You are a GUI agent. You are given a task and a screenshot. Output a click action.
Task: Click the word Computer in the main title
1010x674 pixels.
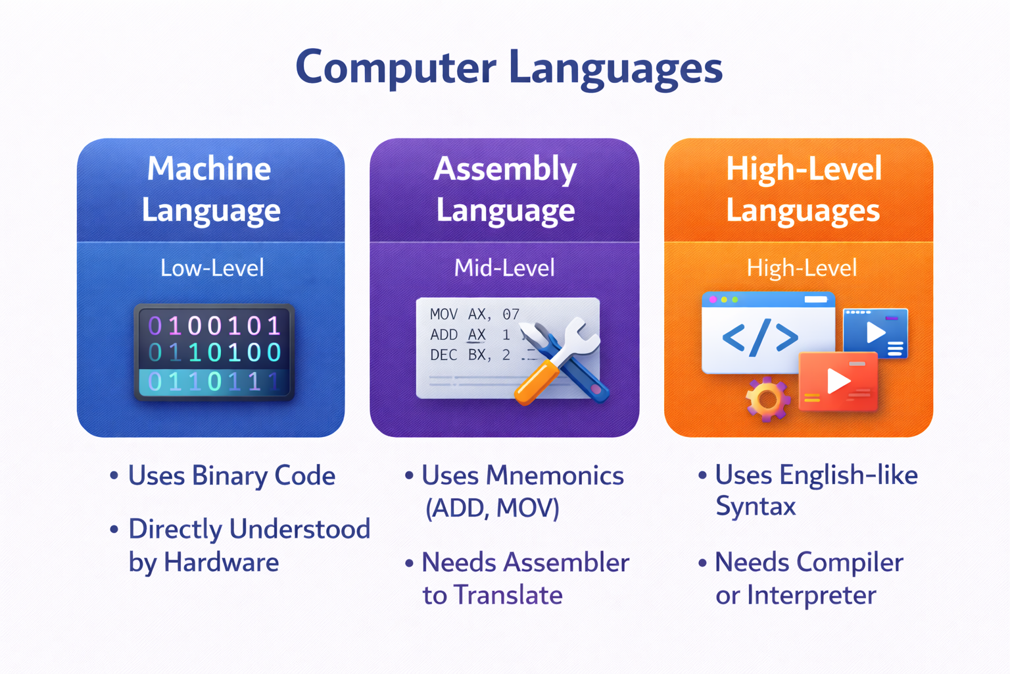click(395, 67)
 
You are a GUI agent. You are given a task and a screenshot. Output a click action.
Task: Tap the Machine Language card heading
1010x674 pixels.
click(210, 190)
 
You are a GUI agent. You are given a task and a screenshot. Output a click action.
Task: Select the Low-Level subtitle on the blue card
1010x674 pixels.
click(212, 268)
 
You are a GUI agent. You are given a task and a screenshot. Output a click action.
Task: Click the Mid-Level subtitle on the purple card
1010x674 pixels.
click(504, 268)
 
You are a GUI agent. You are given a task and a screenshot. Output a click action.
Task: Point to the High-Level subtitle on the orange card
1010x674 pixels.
click(801, 268)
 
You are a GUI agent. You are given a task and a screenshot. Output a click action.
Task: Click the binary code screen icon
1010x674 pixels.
click(214, 352)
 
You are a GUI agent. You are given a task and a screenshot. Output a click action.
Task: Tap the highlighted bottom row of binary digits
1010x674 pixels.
click(214, 381)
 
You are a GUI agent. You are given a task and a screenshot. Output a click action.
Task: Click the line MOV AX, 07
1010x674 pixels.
click(474, 315)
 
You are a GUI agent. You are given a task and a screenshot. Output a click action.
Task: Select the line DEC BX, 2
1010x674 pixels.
click(469, 355)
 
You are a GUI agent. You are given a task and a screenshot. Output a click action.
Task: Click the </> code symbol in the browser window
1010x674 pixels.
click(759, 338)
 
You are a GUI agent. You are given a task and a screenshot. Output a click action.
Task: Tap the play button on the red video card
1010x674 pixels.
click(837, 380)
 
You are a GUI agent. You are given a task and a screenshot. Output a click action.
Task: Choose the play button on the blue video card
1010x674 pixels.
click(875, 332)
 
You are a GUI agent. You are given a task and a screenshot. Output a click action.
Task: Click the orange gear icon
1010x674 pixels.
click(766, 399)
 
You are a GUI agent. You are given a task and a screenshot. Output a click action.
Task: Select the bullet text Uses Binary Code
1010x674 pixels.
click(231, 476)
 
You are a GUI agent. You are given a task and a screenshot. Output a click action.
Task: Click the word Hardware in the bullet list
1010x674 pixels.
click(221, 563)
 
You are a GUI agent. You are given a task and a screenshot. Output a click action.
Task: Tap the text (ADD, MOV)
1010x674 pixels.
click(492, 508)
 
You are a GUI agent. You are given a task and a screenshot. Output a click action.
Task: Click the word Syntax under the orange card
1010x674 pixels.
click(756, 507)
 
